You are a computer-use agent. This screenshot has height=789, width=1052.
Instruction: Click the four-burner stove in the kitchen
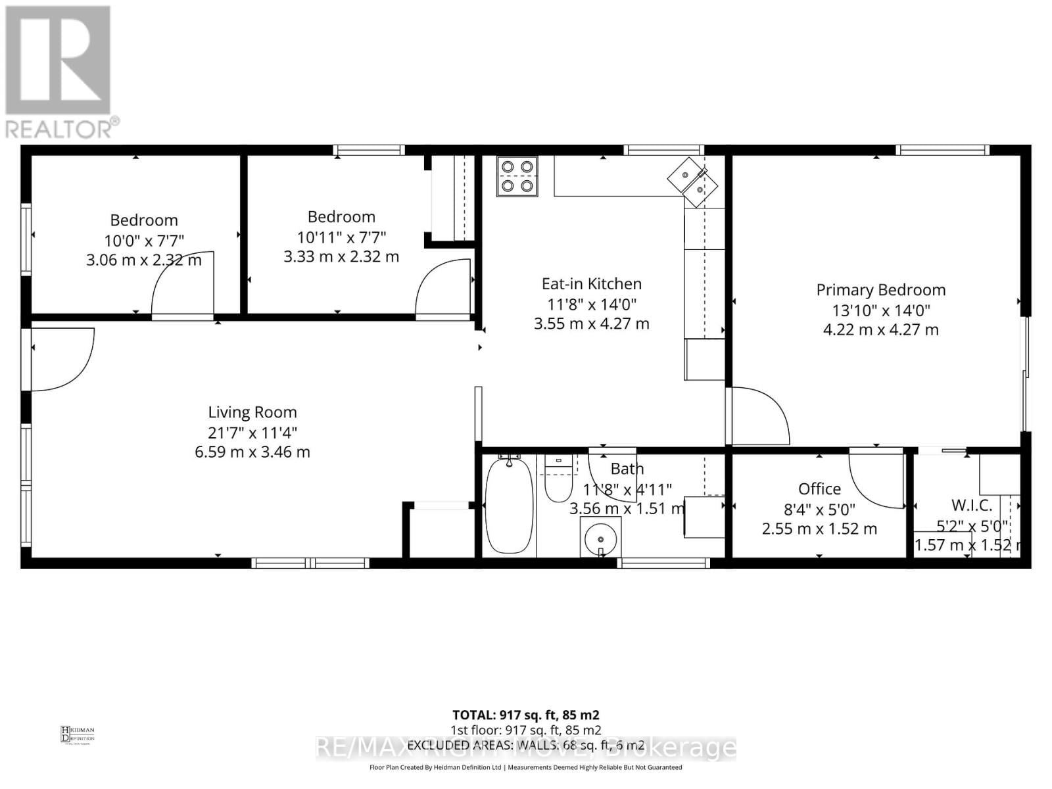[x=517, y=176]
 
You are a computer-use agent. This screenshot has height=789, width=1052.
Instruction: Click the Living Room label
[x=252, y=412]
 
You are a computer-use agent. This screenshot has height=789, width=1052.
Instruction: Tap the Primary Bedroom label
[x=880, y=290]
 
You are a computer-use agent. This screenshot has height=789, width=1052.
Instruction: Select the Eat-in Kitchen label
[x=591, y=284]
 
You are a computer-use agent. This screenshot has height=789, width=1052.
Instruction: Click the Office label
[x=819, y=489]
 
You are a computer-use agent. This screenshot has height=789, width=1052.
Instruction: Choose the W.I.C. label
[x=972, y=505]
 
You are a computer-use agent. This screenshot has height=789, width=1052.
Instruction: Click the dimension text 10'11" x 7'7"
[x=341, y=237]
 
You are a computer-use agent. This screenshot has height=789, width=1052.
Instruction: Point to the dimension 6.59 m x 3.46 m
[x=252, y=452]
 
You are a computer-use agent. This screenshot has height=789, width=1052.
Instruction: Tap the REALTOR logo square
[x=58, y=60]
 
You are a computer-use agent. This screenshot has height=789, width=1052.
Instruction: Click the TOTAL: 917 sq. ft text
[x=525, y=715]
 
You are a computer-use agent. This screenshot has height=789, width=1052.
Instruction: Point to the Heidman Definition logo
[x=77, y=734]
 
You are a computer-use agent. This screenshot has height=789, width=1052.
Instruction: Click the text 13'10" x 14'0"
[x=880, y=310]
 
